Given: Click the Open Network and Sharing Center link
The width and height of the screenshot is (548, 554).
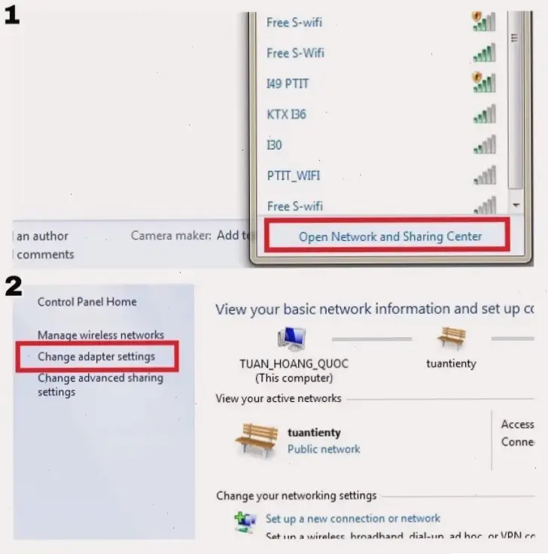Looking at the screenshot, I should click(x=390, y=236).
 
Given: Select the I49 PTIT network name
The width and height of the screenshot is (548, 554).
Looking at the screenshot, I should click(x=288, y=84).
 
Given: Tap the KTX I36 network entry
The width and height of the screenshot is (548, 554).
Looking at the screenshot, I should click(x=286, y=114).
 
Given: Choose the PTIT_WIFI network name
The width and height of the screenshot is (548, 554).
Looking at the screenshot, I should click(x=293, y=175).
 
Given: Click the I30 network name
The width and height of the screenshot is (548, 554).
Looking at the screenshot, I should click(x=274, y=145).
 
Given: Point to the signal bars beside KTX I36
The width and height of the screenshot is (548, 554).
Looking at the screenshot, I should click(x=484, y=114).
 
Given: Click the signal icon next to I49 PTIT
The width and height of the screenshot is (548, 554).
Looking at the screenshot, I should click(x=483, y=82).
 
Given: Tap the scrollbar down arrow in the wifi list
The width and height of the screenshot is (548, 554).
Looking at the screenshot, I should click(x=515, y=205).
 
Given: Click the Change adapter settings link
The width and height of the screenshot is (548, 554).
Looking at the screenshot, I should click(x=96, y=356).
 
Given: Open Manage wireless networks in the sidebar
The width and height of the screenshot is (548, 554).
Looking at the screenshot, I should click(x=101, y=335).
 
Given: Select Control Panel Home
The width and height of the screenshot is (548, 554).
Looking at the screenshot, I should click(x=87, y=302).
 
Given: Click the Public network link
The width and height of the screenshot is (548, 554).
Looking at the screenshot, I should click(x=324, y=449).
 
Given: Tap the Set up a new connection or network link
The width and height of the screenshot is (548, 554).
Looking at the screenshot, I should click(x=353, y=519).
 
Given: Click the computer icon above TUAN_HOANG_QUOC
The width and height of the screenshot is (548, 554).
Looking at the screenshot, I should click(x=292, y=339).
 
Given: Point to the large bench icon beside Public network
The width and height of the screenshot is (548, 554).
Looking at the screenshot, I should click(x=256, y=440).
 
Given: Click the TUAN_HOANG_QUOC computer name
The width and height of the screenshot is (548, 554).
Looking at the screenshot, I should click(x=294, y=364).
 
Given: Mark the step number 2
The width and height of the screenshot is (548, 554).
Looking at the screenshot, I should click(x=14, y=286).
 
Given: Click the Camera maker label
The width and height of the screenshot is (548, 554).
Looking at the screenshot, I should click(x=171, y=236).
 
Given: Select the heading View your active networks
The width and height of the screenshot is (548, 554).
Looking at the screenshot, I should click(x=278, y=398).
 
